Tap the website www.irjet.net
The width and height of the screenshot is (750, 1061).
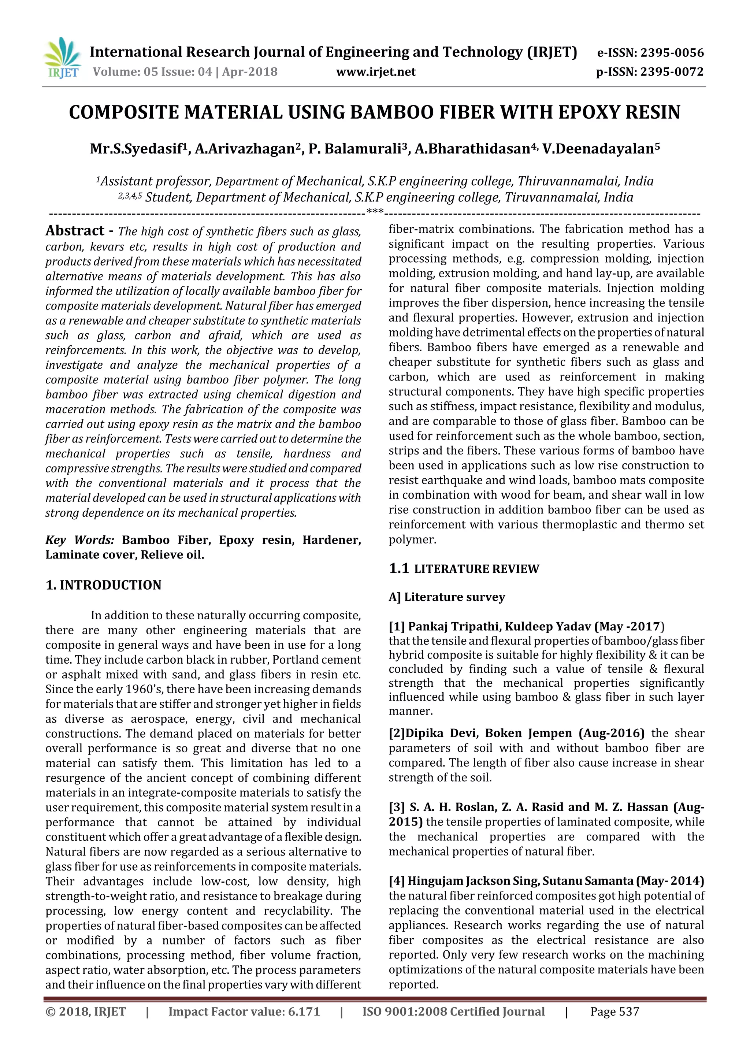click(x=375, y=72)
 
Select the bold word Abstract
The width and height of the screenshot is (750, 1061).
click(x=75, y=231)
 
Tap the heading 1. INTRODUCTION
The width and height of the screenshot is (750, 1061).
click(x=104, y=585)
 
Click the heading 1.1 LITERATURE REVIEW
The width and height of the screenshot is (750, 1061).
click(x=464, y=569)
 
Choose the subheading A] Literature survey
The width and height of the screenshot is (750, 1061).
click(x=446, y=597)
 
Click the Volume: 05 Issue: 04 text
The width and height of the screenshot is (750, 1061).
click(x=152, y=72)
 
